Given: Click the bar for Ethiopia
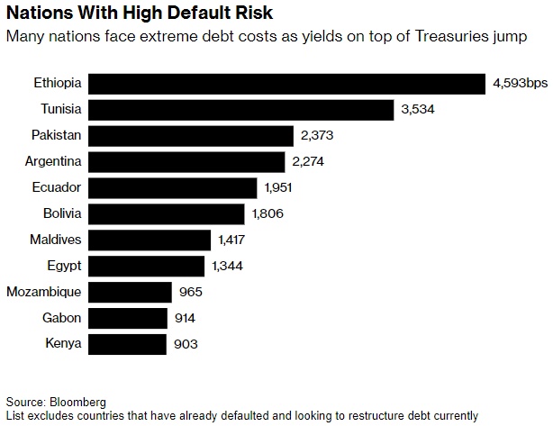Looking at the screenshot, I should click(x=287, y=84).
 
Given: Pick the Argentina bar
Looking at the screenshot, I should click(x=189, y=162).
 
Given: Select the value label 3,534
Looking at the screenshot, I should click(x=418, y=110).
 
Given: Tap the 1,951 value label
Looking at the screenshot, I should click(x=279, y=188).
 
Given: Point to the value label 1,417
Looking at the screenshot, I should click(x=231, y=240).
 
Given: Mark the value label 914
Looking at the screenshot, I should click(x=185, y=318).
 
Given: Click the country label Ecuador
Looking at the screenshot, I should click(x=57, y=188).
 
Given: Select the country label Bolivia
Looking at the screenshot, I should click(x=62, y=213).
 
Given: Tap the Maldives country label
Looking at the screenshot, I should click(x=56, y=240).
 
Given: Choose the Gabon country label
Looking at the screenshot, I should click(x=62, y=318).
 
